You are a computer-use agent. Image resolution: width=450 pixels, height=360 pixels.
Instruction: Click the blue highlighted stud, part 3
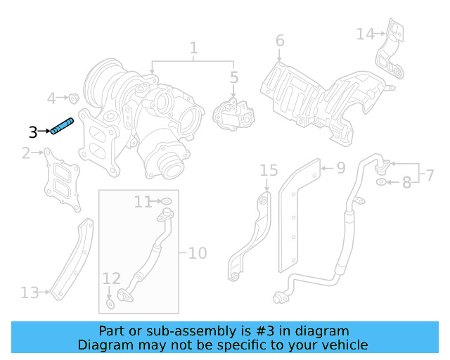pos(62,126)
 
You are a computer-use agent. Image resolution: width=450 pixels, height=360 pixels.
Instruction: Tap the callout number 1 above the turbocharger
pos(193,49)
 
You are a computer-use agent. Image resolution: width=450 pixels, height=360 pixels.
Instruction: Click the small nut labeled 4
pos(72,97)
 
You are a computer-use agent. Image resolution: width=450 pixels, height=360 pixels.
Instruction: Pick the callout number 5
pos(234,77)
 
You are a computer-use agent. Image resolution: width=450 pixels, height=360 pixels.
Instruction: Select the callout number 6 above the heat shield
pos(280,41)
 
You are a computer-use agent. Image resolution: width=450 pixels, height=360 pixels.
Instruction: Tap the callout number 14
pos(366,34)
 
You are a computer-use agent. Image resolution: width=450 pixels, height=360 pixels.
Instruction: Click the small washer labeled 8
pos(380,183)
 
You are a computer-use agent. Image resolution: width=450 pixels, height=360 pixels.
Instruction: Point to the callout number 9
pos(340,168)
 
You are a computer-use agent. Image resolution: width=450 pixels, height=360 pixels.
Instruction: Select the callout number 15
pos(269,170)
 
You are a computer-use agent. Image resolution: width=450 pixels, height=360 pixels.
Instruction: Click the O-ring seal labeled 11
pos(167,202)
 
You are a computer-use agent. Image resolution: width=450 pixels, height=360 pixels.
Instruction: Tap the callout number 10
pos(198,252)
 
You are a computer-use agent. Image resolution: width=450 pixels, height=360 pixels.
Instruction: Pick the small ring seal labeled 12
pos(110,304)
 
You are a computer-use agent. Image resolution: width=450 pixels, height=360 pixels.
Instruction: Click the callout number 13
pos(30,292)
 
